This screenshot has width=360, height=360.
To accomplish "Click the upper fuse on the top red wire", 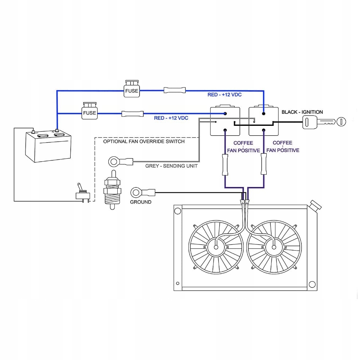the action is click(132, 89).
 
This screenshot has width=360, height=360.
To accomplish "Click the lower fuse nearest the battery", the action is click(90, 111).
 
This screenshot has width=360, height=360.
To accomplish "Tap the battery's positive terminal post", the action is click(57, 131).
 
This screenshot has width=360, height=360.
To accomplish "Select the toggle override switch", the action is click(83, 193).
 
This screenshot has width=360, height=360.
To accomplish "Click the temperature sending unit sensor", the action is click(112, 190).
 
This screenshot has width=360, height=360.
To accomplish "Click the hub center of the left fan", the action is click(216, 247).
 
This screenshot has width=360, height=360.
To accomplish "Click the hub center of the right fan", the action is click(274, 247).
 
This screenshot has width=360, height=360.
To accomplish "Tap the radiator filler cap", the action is click(316, 205).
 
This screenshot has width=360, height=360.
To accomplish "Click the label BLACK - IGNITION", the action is click(302, 112).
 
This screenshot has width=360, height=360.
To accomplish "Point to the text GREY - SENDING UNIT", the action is click(171, 166).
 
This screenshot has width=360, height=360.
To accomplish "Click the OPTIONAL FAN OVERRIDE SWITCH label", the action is click(144, 142).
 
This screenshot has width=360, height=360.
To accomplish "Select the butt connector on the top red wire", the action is click(175, 90).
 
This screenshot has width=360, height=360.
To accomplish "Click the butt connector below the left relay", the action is click(225, 165).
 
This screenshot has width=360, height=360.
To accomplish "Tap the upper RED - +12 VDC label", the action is click(224, 95).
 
